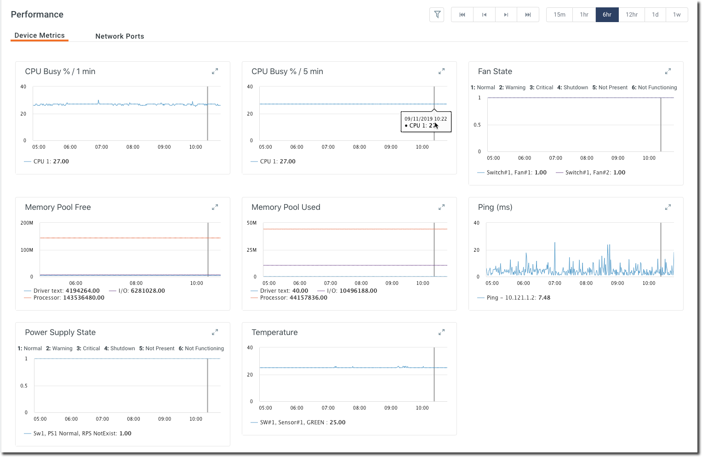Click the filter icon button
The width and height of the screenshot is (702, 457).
(x=437, y=15)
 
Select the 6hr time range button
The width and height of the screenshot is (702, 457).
(x=607, y=15)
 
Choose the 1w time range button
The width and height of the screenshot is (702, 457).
(x=677, y=15)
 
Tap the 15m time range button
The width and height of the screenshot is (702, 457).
(x=559, y=15)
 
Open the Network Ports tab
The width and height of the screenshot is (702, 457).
(x=120, y=36)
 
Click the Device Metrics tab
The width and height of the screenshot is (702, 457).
(x=40, y=35)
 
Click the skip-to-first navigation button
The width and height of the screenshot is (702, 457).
(x=462, y=15)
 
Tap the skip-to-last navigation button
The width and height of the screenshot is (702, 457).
(x=528, y=15)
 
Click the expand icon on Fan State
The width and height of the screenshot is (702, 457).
(x=668, y=71)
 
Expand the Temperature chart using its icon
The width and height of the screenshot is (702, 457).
(x=441, y=332)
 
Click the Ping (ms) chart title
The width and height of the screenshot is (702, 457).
(x=495, y=207)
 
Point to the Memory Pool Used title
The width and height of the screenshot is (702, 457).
(x=285, y=207)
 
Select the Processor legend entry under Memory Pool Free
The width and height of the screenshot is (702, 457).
(x=64, y=298)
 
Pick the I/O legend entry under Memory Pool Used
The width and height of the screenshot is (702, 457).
(x=352, y=291)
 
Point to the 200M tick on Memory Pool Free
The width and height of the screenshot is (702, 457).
(x=27, y=223)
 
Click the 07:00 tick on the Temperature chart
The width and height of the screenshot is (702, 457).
(x=328, y=408)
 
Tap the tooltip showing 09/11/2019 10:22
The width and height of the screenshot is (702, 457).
(x=426, y=122)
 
